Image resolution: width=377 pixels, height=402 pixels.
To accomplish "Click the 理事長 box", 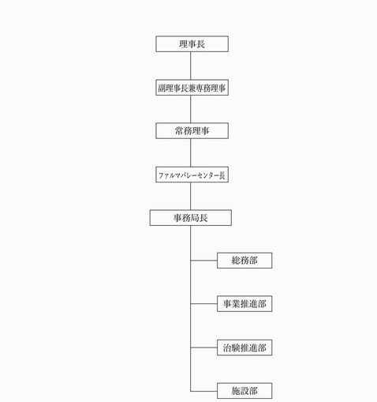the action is click(x=192, y=44).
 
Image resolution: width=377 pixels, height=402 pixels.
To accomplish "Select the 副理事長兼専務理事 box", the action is click(x=192, y=88).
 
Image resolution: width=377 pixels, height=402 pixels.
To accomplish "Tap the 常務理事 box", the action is click(x=192, y=130).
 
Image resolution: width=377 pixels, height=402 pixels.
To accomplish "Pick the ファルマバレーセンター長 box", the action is click(x=192, y=175).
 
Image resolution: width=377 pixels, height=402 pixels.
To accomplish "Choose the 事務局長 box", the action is click(x=191, y=218).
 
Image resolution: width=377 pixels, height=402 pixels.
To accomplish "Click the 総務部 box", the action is click(x=244, y=261).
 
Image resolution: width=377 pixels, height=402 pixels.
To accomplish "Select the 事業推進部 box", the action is click(x=244, y=304).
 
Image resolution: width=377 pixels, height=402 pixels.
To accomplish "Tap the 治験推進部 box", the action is click(x=244, y=348).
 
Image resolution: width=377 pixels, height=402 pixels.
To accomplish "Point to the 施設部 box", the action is click(x=244, y=391).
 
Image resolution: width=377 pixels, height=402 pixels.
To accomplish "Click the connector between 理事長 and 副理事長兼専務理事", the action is click(x=191, y=66).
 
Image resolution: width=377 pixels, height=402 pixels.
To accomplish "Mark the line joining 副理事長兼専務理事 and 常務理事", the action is click(x=191, y=109).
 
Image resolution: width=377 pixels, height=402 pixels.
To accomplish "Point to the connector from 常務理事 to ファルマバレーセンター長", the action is click(x=191, y=152).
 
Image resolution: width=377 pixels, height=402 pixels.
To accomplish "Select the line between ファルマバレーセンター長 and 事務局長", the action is click(x=191, y=196).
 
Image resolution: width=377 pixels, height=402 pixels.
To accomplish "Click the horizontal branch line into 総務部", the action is click(x=203, y=261).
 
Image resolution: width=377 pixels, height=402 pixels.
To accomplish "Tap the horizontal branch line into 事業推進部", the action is click(x=203, y=303).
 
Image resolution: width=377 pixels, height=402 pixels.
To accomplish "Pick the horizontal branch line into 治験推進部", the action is click(x=203, y=348).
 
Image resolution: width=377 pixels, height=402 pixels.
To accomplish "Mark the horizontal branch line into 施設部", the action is click(x=203, y=391).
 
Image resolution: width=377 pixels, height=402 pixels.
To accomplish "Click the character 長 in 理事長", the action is click(x=200, y=44).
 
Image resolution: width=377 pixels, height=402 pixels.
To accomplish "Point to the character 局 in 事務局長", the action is click(x=195, y=218).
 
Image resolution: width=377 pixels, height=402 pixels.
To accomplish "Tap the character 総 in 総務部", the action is click(x=236, y=261).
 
